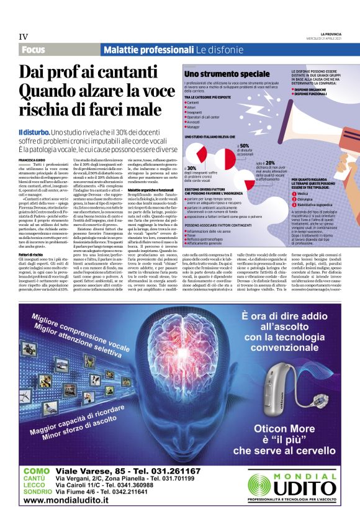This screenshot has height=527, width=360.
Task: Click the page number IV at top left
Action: point(24,37)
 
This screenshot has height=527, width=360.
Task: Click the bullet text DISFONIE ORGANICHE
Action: point(313,88)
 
